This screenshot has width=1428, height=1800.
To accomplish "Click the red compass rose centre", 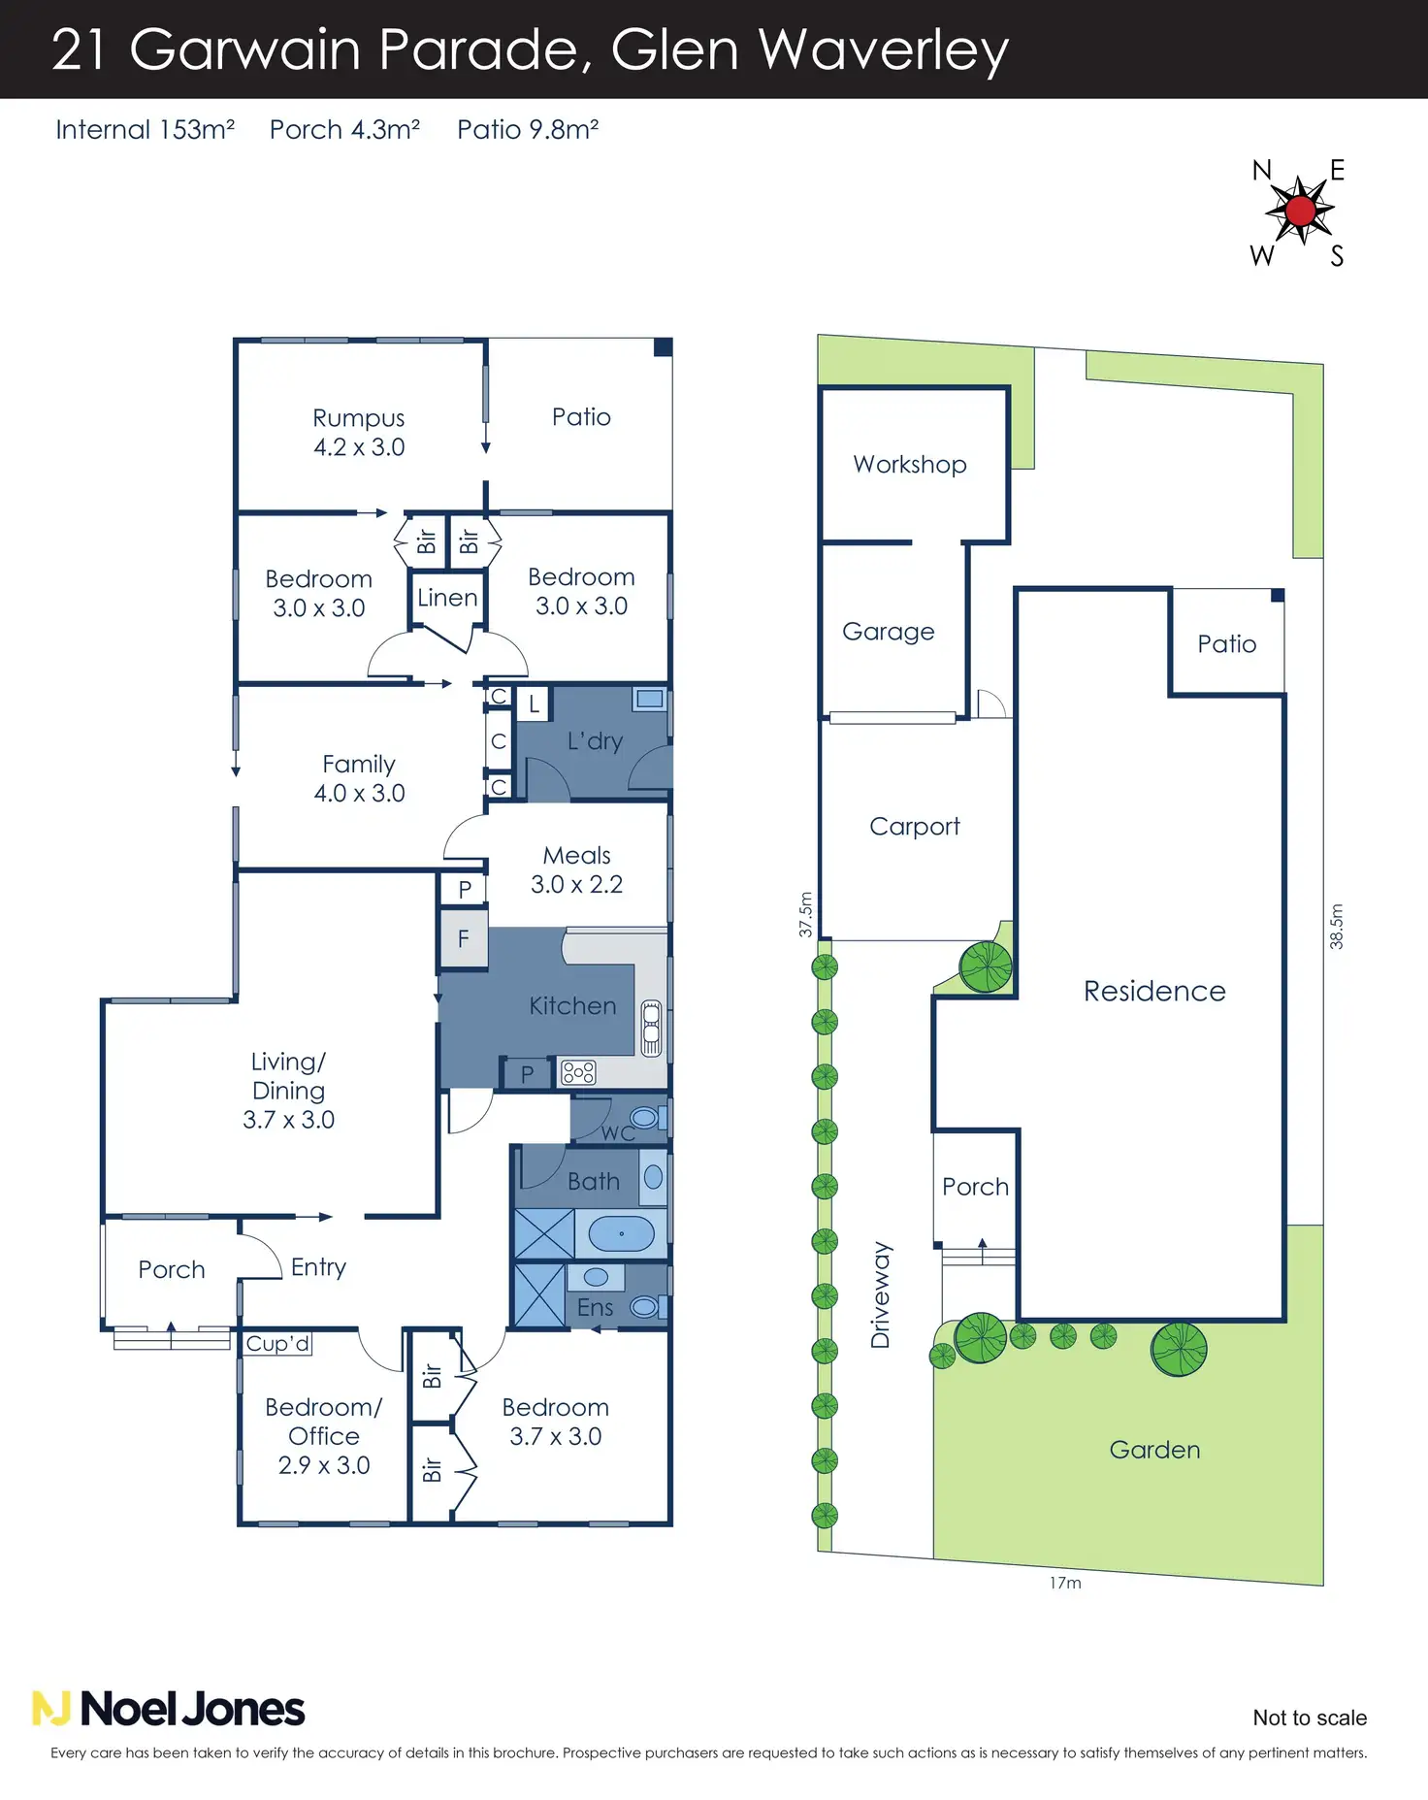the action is click(x=1300, y=211).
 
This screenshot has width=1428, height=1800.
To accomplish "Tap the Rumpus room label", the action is click(x=359, y=418).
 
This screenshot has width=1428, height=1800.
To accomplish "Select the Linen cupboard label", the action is click(x=447, y=598).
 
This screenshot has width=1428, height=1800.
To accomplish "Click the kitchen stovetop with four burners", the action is click(x=578, y=1072).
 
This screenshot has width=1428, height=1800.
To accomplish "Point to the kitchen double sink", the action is click(x=651, y=1028).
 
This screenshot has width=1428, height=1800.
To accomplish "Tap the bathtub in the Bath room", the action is click(x=621, y=1233).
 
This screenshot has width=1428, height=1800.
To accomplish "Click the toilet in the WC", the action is click(x=645, y=1118).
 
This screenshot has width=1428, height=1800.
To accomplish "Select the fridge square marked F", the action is click(x=464, y=938).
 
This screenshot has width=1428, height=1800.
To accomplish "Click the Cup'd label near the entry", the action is click(x=277, y=1343).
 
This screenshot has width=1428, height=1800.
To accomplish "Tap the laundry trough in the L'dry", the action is click(x=649, y=698).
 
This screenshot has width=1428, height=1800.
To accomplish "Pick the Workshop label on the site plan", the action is click(x=910, y=464).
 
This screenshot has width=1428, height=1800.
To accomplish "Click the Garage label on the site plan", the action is click(x=889, y=632).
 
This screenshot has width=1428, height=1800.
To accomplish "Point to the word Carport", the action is click(x=915, y=827).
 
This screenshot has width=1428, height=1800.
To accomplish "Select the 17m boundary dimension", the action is click(x=1065, y=1583).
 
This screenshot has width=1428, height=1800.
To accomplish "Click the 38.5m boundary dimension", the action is click(x=1337, y=926).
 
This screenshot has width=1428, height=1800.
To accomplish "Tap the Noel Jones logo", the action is click(x=169, y=1709).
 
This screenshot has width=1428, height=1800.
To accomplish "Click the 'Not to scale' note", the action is click(x=1310, y=1718).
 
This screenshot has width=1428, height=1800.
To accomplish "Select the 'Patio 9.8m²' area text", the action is click(x=528, y=130).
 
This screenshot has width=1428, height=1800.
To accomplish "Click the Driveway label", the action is click(x=881, y=1294).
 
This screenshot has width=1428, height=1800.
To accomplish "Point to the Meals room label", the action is click(x=577, y=856).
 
